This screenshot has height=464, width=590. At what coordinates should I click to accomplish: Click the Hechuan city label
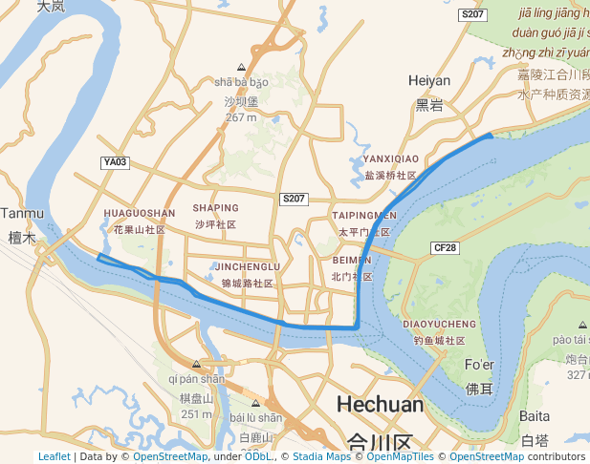(380, 405)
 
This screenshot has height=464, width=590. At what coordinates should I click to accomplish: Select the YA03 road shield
(116, 162)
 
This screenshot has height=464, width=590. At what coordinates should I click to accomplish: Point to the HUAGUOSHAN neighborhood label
(139, 213)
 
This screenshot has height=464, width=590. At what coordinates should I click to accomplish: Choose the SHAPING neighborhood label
(215, 207)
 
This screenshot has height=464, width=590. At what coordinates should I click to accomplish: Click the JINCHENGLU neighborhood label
(248, 266)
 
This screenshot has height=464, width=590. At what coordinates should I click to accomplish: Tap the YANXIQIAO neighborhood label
(391, 158)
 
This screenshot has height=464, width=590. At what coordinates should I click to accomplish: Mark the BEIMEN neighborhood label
(351, 260)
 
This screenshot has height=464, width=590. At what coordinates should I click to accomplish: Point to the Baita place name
(535, 416)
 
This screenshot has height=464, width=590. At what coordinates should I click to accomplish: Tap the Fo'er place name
(479, 366)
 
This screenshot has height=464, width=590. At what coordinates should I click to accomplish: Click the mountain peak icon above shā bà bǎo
(241, 67)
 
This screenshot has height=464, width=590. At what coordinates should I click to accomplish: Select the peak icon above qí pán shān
(196, 364)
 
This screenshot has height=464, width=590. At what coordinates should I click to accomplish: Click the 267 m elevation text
(241, 117)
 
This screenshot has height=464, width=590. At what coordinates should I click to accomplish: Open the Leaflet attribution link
(54, 456)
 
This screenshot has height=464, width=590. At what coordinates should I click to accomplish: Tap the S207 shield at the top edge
(472, 14)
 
